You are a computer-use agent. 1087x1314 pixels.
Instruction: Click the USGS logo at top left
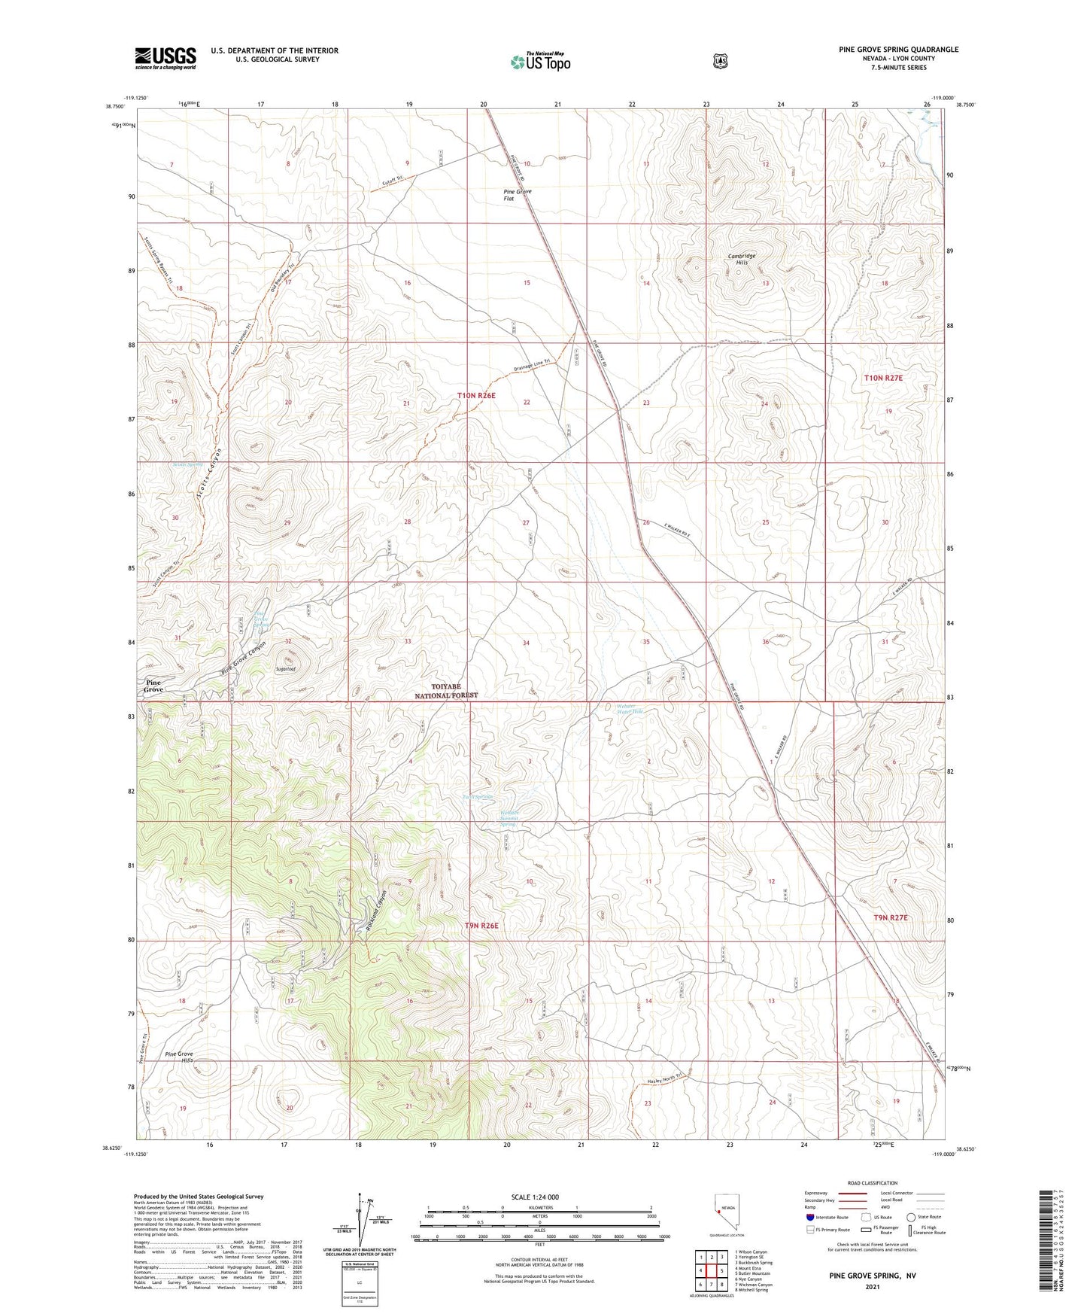tap(165, 57)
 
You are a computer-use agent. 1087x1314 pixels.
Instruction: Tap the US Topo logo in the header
tap(539, 61)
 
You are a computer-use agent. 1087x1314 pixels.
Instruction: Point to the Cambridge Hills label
tap(742, 259)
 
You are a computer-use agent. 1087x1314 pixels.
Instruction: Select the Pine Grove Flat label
tap(518, 195)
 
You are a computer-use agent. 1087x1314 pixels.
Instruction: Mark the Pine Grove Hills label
tap(179, 1057)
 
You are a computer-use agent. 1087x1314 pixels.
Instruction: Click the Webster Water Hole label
tap(627, 708)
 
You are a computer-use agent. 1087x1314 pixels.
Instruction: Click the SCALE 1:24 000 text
tap(535, 1197)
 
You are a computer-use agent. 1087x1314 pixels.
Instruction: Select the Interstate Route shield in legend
tap(809, 1216)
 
